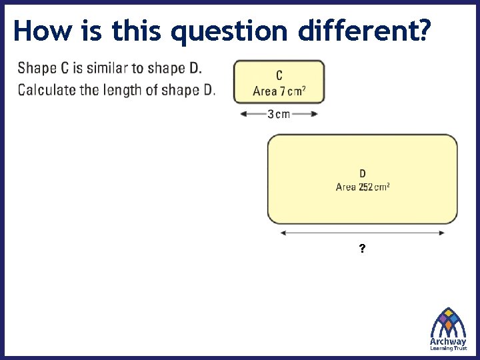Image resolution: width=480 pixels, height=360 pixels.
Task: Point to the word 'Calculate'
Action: tap(46, 89)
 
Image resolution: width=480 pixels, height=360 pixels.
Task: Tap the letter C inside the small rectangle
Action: tap(279, 77)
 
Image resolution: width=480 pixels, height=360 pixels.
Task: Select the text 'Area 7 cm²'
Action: tap(279, 91)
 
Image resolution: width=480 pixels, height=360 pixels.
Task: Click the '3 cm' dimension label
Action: tap(279, 113)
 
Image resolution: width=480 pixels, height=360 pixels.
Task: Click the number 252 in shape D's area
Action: tap(365, 187)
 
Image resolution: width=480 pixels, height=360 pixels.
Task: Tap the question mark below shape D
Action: tap(361, 249)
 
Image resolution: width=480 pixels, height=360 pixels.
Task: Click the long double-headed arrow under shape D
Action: tap(363, 233)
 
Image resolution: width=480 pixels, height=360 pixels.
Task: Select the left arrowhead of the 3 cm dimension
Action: tap(243, 113)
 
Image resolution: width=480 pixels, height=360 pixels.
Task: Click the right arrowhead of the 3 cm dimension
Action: tap(314, 113)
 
